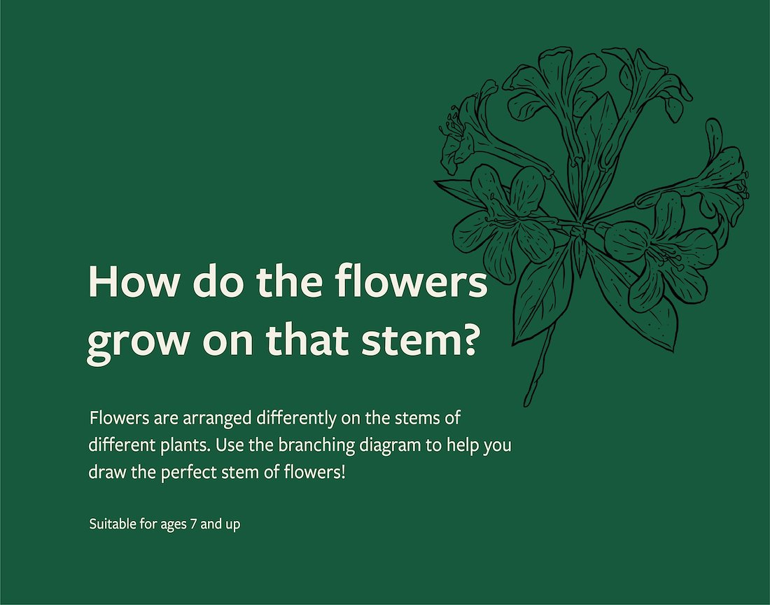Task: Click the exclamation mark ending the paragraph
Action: (343, 473)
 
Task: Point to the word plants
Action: (187, 446)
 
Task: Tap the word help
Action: (463, 446)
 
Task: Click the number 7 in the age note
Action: (193, 524)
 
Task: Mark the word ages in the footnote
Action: (174, 525)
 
